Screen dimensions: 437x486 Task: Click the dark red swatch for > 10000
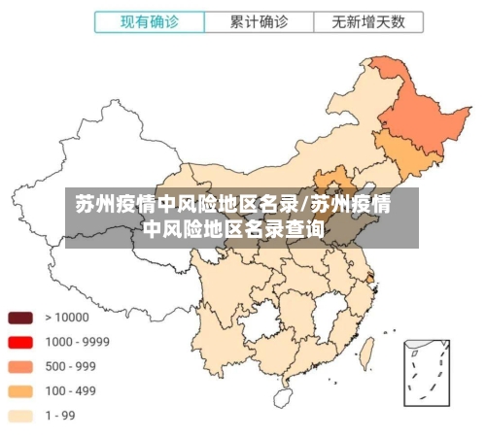pos(21,318)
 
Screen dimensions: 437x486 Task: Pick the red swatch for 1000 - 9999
pos(21,342)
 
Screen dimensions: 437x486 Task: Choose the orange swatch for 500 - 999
pos(21,367)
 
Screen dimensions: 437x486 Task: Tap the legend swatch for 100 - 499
pos(21,391)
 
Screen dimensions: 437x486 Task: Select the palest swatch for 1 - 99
pos(21,416)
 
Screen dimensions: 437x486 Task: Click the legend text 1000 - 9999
pos(78,342)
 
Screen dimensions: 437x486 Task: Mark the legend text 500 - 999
pos(72,367)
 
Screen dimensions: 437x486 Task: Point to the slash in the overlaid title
pos(305,205)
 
